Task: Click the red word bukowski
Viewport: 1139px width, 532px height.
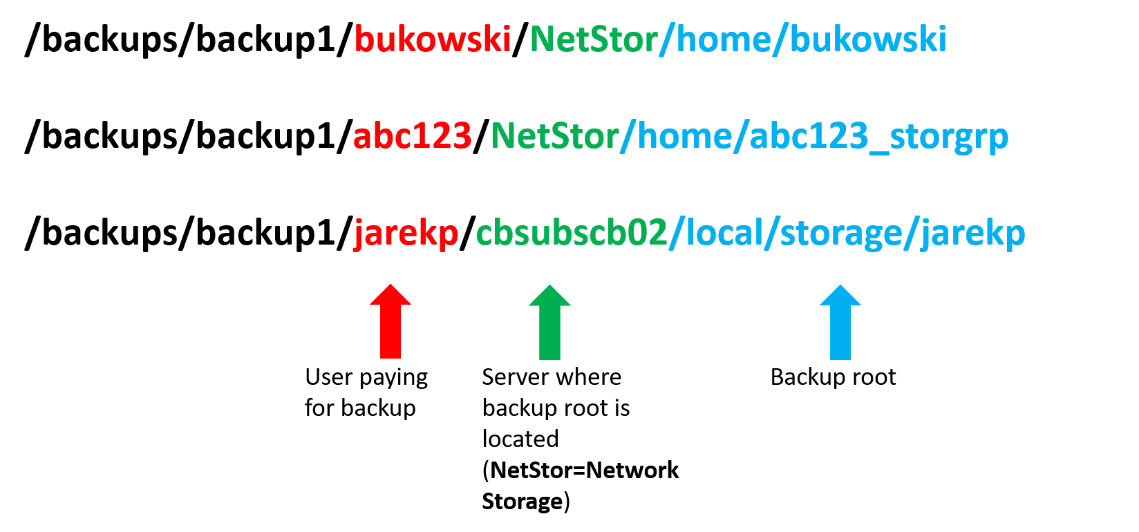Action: (432, 39)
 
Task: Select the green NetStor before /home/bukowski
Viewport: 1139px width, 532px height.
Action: (593, 39)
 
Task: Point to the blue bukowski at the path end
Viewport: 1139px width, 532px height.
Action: (867, 39)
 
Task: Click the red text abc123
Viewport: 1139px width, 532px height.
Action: (412, 136)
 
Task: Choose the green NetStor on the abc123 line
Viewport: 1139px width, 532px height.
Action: (554, 136)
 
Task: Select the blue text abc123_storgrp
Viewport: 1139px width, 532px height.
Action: (878, 136)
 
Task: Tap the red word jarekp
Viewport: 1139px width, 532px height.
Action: (406, 234)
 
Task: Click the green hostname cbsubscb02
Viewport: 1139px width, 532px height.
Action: (572, 234)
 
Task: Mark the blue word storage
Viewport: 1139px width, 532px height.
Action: (840, 234)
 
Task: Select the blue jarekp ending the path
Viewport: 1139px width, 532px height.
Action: (972, 234)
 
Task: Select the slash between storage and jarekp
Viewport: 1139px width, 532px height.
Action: (911, 234)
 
